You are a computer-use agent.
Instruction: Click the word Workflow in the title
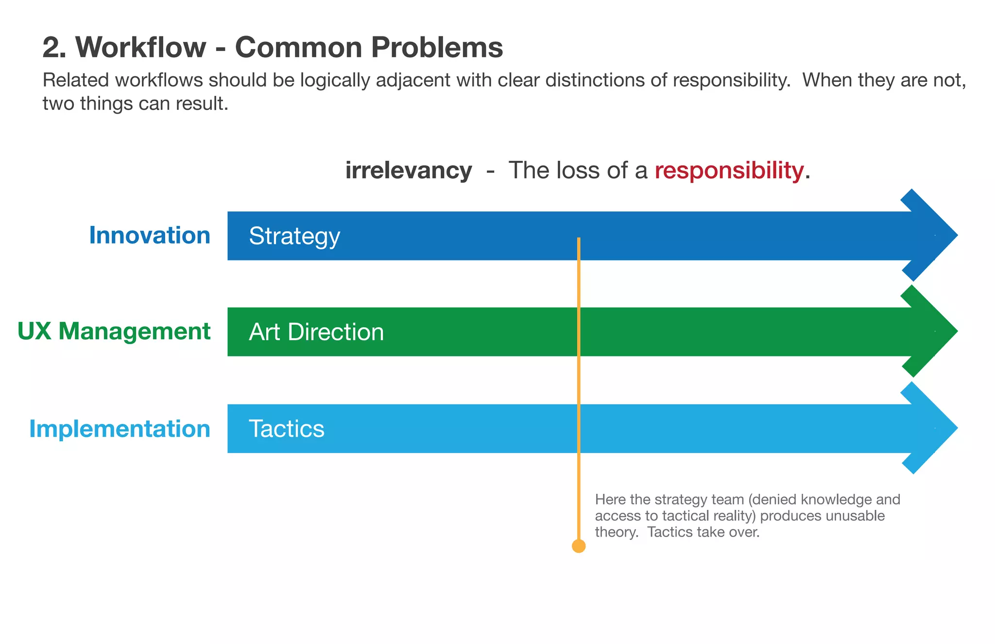pos(141,48)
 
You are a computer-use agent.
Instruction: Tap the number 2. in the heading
pos(54,48)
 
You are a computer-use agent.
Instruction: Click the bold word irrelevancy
pos(408,171)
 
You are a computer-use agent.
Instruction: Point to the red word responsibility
pos(729,171)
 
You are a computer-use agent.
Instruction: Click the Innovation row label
pos(150,236)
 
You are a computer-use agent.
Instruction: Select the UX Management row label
pos(114,331)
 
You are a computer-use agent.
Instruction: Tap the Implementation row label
pos(120,429)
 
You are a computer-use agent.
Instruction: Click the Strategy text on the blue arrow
pos(294,236)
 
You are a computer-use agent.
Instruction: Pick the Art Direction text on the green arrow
pos(316,332)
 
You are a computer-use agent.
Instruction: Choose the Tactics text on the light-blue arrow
pos(287,429)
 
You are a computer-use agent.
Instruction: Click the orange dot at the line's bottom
pos(578,546)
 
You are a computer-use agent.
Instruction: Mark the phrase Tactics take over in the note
pos(703,532)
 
